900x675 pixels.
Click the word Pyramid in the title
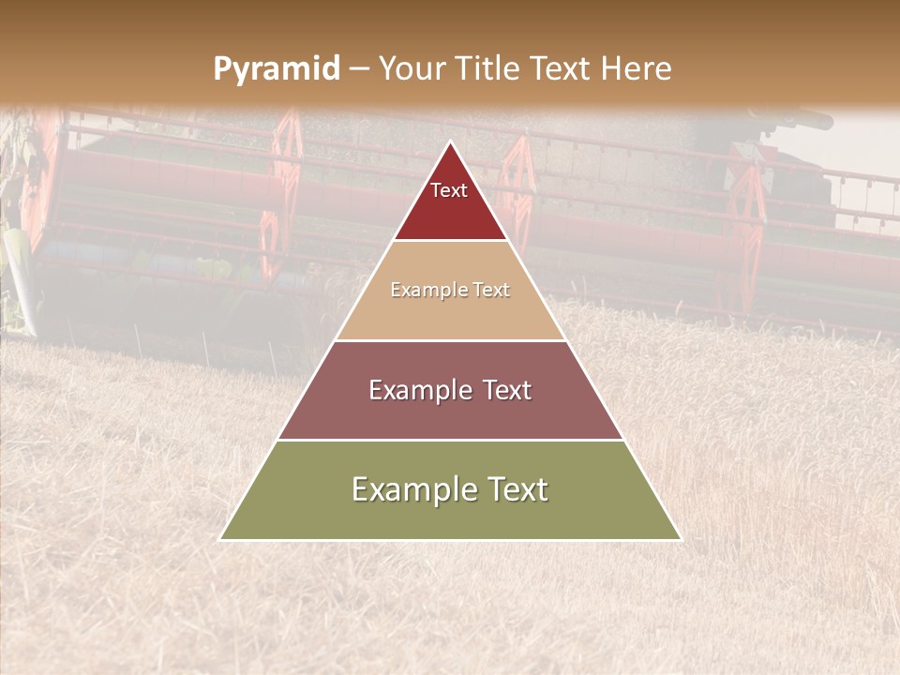(277, 69)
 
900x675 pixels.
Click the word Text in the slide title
(562, 68)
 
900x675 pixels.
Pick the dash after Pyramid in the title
(359, 69)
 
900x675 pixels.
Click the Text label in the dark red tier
(449, 190)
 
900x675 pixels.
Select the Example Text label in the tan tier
(450, 290)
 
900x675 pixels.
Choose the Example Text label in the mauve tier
(450, 390)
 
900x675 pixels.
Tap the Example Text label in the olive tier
(450, 489)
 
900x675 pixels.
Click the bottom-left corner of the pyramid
(219, 540)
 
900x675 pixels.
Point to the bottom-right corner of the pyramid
(682, 540)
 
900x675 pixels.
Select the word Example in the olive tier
(410, 489)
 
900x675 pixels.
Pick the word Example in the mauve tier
(416, 390)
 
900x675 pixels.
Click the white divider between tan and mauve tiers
(450, 340)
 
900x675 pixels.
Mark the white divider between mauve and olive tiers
(450, 440)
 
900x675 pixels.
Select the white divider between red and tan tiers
(450, 241)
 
